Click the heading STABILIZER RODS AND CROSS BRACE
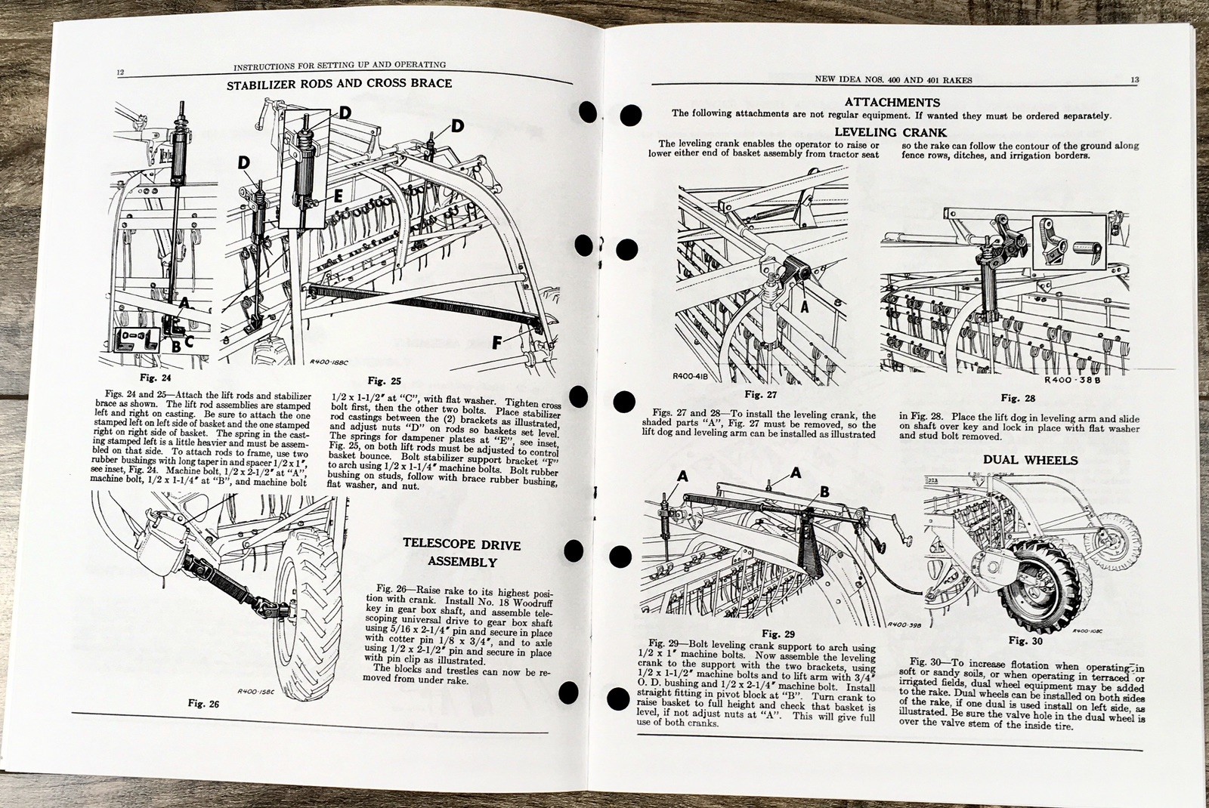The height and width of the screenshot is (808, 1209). coord(339,84)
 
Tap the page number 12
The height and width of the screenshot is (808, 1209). coord(120,73)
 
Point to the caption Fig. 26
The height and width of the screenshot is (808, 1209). coord(203,703)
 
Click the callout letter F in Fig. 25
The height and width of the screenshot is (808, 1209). coord(496,343)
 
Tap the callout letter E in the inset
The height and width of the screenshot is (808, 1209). coord(338,195)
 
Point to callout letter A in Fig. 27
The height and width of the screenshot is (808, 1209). coord(804,307)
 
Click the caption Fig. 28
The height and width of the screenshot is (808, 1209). coord(1018,397)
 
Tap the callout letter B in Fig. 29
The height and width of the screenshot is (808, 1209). coord(824,492)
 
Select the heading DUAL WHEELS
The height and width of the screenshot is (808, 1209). coord(1019,459)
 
